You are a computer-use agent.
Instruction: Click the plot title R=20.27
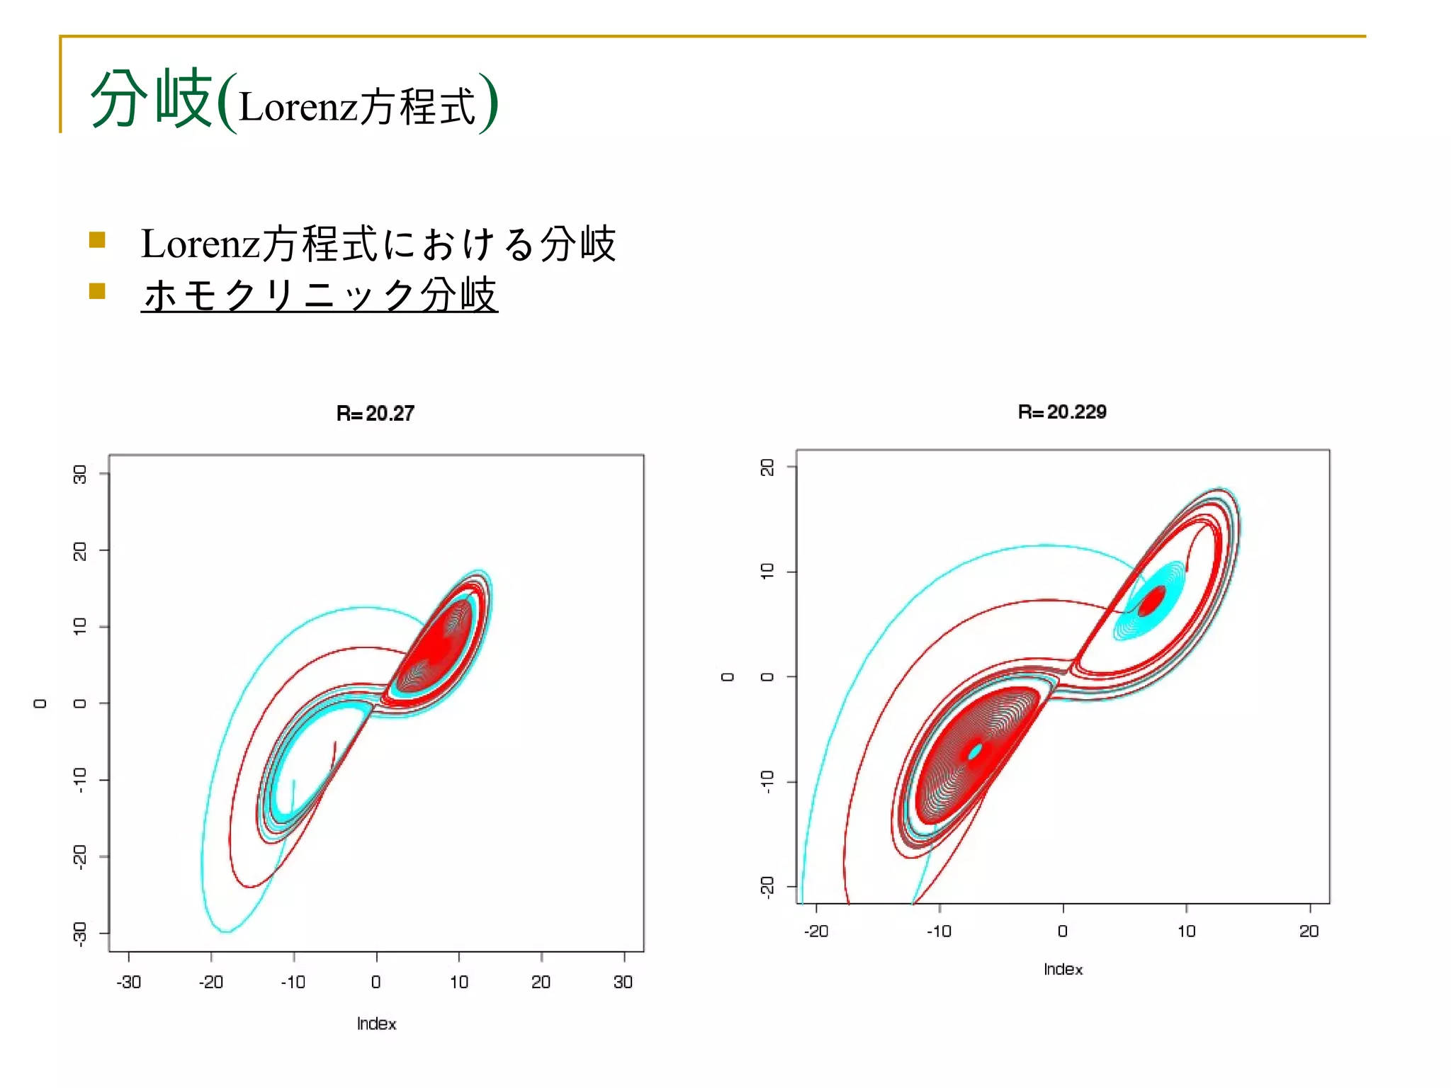pos(375,413)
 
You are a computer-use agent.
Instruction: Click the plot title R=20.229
pos(1061,412)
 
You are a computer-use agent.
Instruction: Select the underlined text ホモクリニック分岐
pos(320,295)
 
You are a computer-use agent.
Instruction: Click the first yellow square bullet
pos(98,239)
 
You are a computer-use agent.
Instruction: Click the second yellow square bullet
pos(98,291)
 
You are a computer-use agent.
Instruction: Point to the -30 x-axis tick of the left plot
pos(128,982)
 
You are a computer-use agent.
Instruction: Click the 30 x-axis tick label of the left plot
pos(623,982)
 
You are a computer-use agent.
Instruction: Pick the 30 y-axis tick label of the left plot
pos(80,474)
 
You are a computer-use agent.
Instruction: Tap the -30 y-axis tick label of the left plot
pos(80,933)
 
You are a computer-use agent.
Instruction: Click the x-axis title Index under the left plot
pos(376,1024)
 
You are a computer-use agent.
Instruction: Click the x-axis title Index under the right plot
pos(1063,969)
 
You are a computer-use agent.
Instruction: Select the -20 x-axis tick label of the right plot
pos(815,931)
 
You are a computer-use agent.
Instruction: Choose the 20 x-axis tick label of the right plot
pos(1309,931)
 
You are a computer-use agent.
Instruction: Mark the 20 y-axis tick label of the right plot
pos(767,467)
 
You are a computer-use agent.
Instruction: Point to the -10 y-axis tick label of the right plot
pos(767,781)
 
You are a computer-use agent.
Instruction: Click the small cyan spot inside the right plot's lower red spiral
pos(976,751)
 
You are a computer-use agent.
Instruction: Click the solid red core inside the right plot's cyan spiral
pos(1152,601)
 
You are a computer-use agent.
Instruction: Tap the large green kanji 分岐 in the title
pos(152,99)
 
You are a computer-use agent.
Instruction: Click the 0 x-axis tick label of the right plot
pos(1062,931)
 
